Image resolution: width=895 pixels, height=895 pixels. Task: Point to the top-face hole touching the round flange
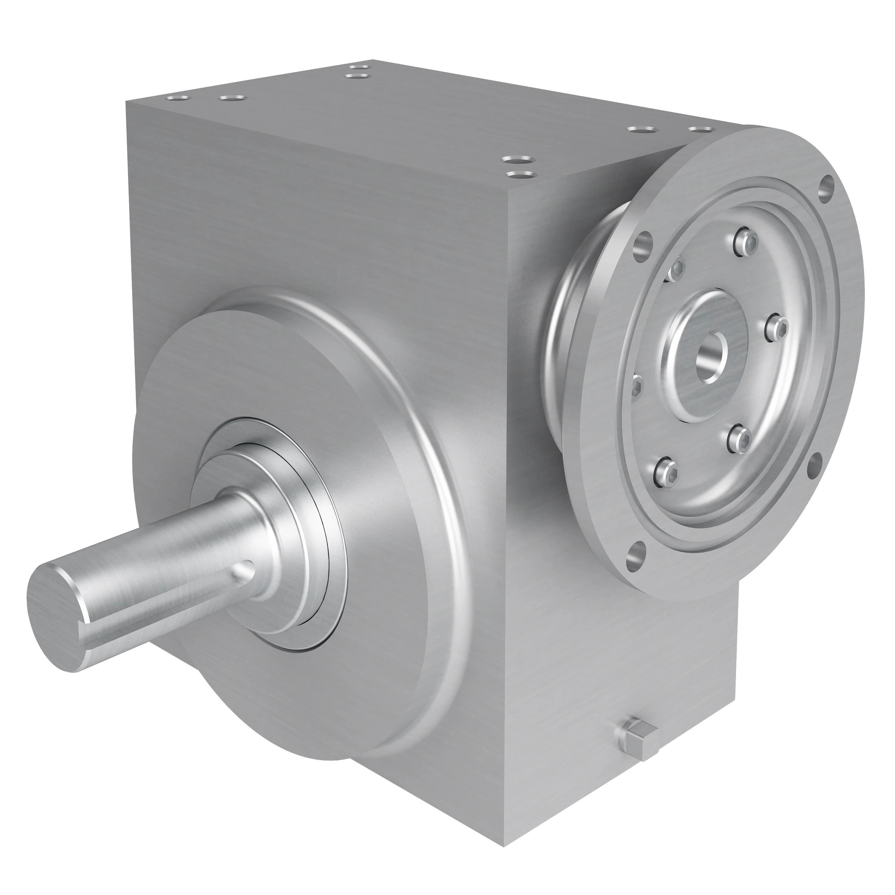point(700,130)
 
